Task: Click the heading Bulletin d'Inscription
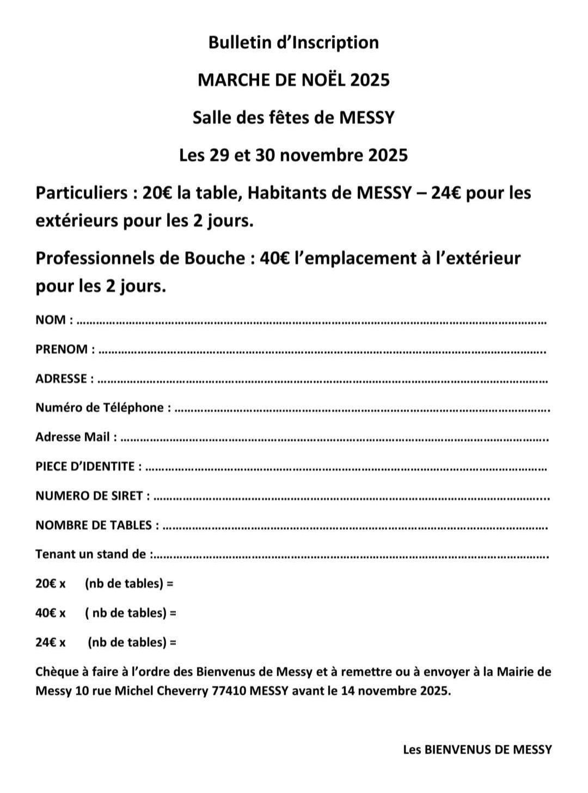293,42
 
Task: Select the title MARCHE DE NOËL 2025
293,80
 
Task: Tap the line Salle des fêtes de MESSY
293,118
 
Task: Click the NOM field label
51,320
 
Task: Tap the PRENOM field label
62,349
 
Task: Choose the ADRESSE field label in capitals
61,379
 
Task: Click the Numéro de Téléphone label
100,408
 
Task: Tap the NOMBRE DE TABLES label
94,525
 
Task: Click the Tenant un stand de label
90,554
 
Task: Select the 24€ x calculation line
106,642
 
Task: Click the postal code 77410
228,691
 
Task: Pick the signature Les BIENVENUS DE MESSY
477,749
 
